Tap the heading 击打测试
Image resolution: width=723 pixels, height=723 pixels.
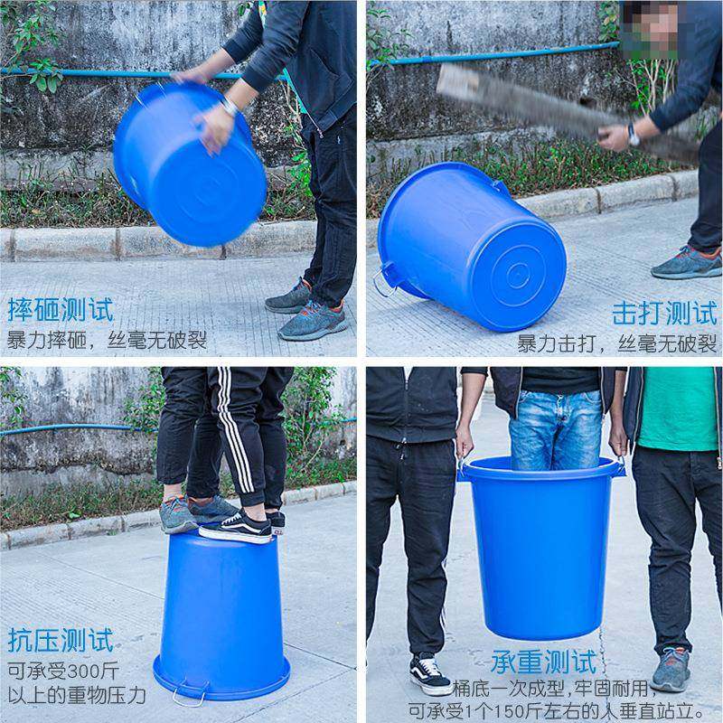click(x=663, y=314)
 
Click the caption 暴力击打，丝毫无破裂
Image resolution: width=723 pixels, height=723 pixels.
click(x=616, y=343)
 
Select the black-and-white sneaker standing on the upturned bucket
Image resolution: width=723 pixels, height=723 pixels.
click(x=237, y=527)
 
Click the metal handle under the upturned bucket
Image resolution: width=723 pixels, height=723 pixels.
click(x=190, y=697)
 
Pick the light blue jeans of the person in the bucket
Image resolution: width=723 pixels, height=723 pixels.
click(x=555, y=428)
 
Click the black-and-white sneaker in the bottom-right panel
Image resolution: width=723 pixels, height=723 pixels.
click(x=428, y=673)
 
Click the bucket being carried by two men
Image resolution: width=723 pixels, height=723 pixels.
click(x=540, y=542)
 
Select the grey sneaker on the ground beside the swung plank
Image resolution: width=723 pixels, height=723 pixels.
click(x=686, y=263)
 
